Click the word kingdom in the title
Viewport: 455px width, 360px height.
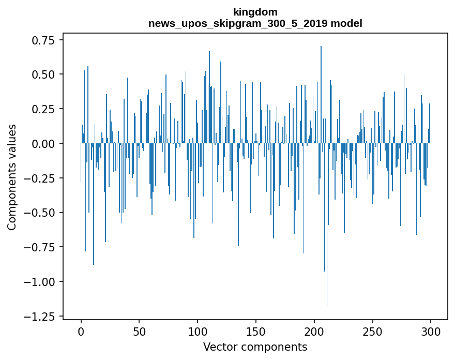coord(255,12)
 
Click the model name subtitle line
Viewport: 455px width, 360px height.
coord(255,24)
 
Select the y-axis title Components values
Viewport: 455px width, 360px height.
coord(12,177)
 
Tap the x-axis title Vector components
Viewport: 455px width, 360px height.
coord(255,347)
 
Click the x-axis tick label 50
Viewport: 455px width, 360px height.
coord(139,331)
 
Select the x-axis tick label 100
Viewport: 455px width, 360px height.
coord(198,331)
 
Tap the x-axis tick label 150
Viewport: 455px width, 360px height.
coord(256,331)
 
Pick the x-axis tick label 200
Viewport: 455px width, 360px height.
coord(314,331)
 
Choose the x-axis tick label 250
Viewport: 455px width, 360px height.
coord(372,331)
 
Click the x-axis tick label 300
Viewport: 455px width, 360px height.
coord(431,331)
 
